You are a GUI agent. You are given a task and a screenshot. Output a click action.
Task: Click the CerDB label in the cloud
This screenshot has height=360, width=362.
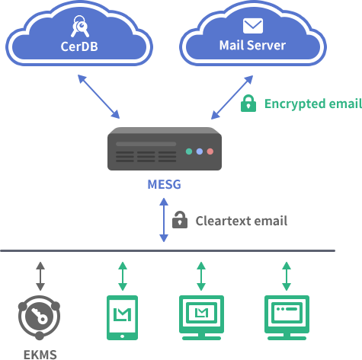pyautogui.click(x=79, y=46)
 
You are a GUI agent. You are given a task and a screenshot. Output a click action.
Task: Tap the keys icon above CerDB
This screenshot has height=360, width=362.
pyautogui.click(x=80, y=26)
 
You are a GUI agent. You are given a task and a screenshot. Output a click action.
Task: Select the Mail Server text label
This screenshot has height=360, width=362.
pyautogui.click(x=252, y=46)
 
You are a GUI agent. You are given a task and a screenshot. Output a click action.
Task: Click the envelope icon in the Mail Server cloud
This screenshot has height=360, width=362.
pyautogui.click(x=253, y=26)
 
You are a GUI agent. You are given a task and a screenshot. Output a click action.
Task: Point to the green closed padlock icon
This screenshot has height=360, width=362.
pyautogui.click(x=248, y=104)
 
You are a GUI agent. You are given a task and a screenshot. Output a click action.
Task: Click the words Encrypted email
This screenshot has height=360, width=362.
pyautogui.click(x=313, y=104)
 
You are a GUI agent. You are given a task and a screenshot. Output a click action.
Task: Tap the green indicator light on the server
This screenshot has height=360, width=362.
pyautogui.click(x=189, y=151)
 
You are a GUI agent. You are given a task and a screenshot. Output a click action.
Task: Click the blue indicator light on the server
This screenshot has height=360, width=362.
pyautogui.click(x=200, y=151)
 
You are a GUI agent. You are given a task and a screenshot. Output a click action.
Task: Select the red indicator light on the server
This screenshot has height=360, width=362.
pyautogui.click(x=210, y=151)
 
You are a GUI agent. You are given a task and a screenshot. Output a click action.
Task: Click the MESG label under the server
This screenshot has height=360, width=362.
pyautogui.click(x=164, y=184)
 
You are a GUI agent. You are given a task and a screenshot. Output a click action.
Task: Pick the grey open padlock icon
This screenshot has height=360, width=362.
pyautogui.click(x=180, y=220)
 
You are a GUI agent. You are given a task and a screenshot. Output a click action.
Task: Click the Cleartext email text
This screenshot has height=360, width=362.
pyautogui.click(x=242, y=221)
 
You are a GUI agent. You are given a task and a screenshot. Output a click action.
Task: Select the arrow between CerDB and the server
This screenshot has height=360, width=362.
pyautogui.click(x=98, y=97)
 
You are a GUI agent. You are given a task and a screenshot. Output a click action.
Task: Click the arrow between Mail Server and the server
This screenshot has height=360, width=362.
pyautogui.click(x=232, y=97)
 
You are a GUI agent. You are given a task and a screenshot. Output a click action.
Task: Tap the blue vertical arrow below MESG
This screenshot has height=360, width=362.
pyautogui.click(x=164, y=220)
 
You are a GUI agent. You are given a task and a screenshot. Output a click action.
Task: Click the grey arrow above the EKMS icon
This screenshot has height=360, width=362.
pyautogui.click(x=40, y=276)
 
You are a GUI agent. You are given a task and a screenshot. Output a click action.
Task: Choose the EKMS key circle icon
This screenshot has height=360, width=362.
pyautogui.click(x=39, y=317)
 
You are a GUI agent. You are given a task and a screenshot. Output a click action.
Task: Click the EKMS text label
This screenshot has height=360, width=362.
pyautogui.click(x=40, y=355)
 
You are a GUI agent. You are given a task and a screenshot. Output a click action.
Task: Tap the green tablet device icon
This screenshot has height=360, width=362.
pyautogui.click(x=122, y=317)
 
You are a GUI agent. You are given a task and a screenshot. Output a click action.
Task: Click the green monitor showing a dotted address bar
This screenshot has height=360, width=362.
pyautogui.click(x=287, y=317)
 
